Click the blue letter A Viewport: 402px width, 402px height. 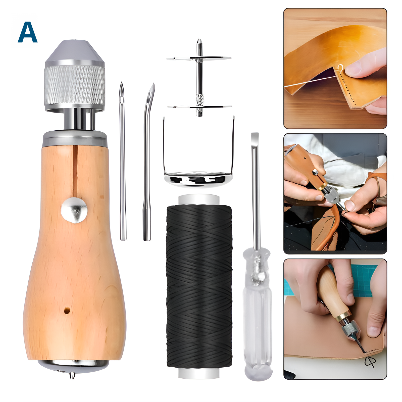[28, 32]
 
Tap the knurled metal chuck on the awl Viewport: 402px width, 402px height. [75, 85]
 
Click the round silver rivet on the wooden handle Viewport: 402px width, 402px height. [74, 210]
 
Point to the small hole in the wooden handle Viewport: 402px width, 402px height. [67, 310]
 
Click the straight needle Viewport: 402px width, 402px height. [122, 161]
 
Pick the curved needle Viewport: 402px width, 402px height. [148, 162]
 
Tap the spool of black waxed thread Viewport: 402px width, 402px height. [199, 286]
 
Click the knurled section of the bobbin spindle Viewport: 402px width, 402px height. [199, 100]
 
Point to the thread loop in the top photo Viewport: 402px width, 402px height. [340, 68]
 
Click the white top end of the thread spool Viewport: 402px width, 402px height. [199, 199]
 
